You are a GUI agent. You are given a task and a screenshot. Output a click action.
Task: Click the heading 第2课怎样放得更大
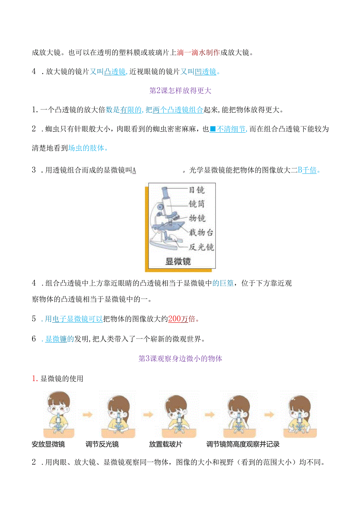click(180, 91)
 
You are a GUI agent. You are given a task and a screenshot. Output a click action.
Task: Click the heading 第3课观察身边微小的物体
click(180, 358)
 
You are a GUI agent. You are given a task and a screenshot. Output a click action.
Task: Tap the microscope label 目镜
click(196, 190)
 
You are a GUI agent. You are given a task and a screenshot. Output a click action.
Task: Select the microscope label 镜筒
click(196, 204)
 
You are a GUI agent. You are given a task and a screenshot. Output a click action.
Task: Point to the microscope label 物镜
click(197, 218)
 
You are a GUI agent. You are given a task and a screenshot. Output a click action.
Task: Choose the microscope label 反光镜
click(201, 247)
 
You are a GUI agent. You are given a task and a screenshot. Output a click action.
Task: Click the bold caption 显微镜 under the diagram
click(178, 261)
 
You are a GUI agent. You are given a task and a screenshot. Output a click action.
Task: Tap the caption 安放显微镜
click(48, 444)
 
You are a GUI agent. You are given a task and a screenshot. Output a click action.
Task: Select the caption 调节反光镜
click(102, 444)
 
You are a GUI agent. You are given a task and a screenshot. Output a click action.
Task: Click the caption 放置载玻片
click(166, 444)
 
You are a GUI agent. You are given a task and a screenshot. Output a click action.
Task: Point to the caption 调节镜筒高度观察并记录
click(243, 444)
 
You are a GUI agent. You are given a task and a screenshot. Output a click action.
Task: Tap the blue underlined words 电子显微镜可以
click(74, 319)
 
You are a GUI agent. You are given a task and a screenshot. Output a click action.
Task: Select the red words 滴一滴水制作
click(198, 52)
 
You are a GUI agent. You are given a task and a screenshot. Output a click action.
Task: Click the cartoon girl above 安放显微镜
click(58, 413)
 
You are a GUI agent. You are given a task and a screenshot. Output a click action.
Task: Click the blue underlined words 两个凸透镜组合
click(178, 110)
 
